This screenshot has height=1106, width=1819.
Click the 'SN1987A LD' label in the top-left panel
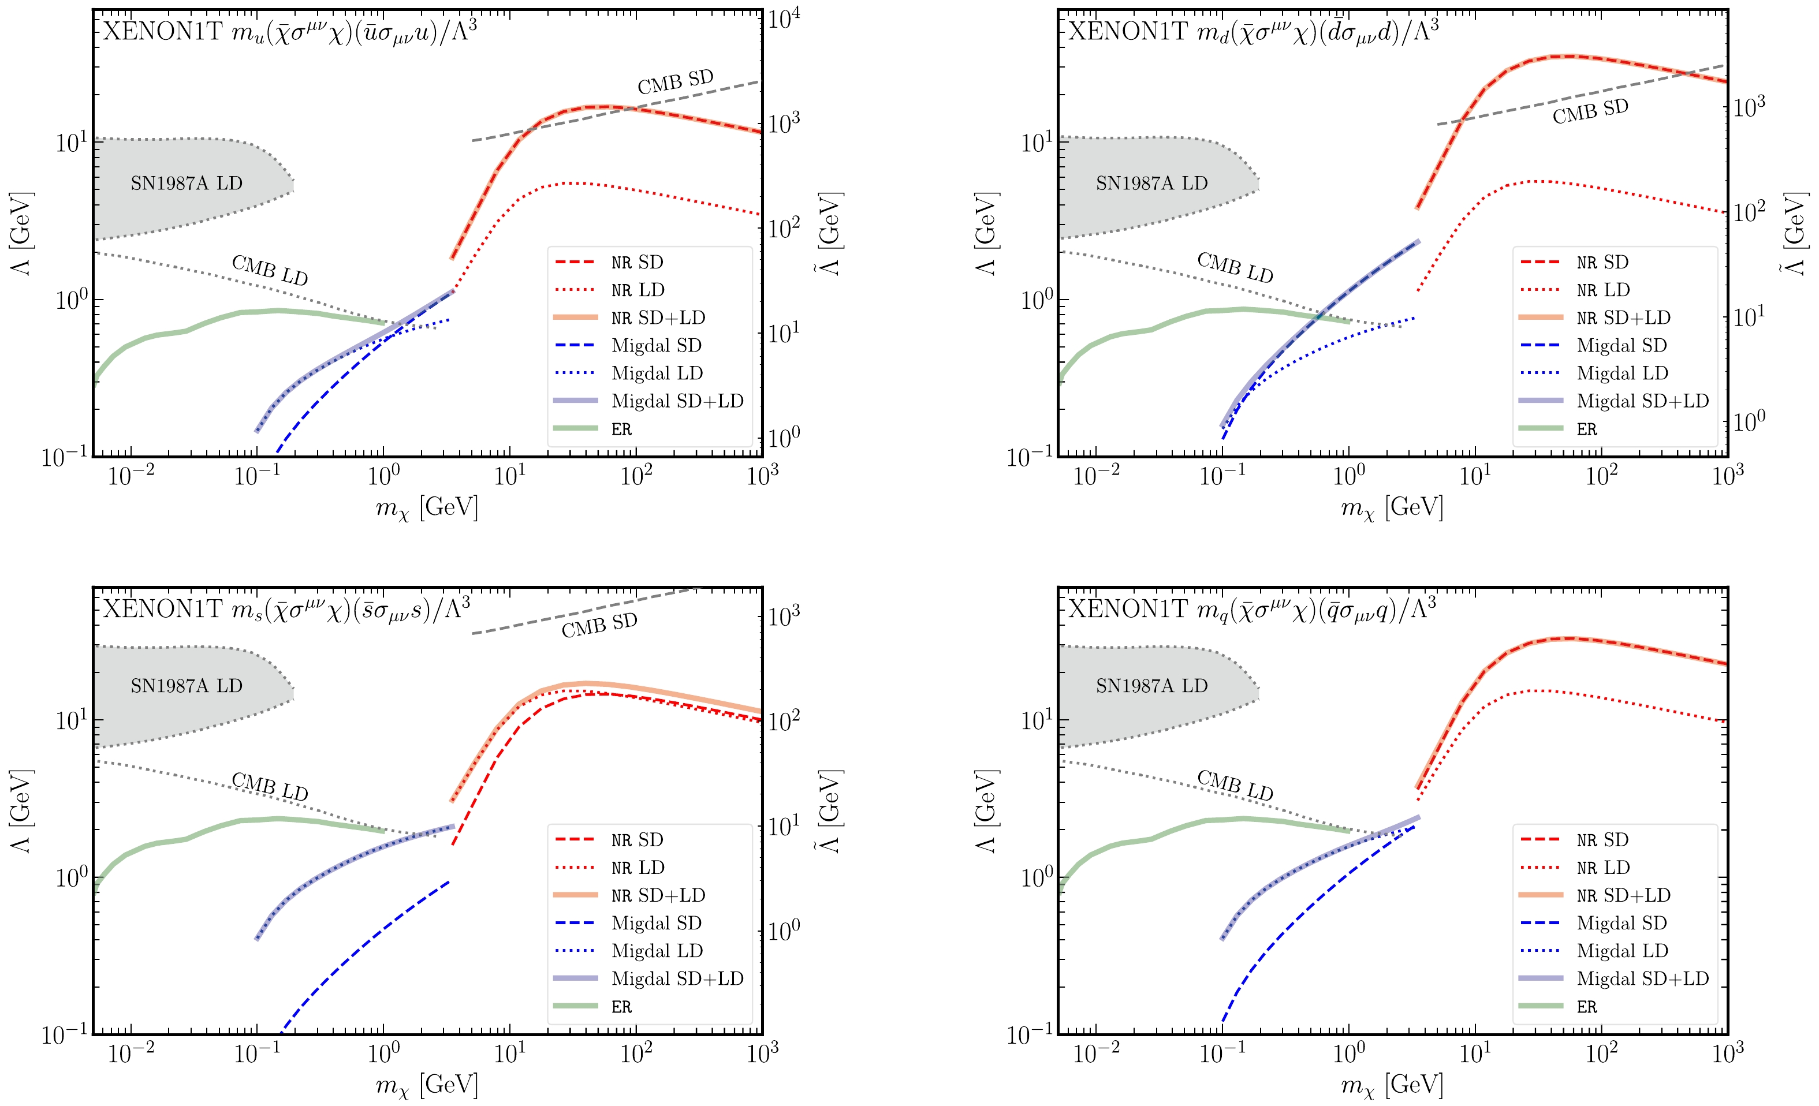tap(186, 183)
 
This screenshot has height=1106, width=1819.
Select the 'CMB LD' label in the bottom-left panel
tap(270, 787)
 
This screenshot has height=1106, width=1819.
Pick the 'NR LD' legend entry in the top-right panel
tap(1602, 290)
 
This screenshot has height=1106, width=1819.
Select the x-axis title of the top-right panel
tap(1392, 507)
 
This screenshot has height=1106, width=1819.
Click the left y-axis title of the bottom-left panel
tap(21, 811)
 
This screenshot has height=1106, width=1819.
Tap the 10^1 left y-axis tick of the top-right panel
tap(1036, 141)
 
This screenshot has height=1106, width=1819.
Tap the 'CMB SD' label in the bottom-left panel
tap(599, 626)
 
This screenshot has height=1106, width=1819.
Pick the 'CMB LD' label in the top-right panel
tap(1235, 267)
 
